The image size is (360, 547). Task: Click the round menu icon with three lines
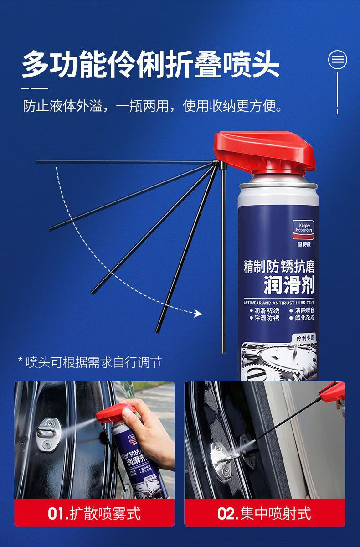coord(338,60)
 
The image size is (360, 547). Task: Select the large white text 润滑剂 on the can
coord(289,286)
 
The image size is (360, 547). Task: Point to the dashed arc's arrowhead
coord(197,313)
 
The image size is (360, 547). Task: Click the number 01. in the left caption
coord(58,513)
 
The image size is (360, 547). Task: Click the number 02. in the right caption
coord(227,513)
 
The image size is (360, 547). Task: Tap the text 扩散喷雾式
coord(105,513)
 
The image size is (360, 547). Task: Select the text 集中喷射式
coord(275,513)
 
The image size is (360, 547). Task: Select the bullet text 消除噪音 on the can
coord(304,310)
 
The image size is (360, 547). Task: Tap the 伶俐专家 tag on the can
coord(305,338)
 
